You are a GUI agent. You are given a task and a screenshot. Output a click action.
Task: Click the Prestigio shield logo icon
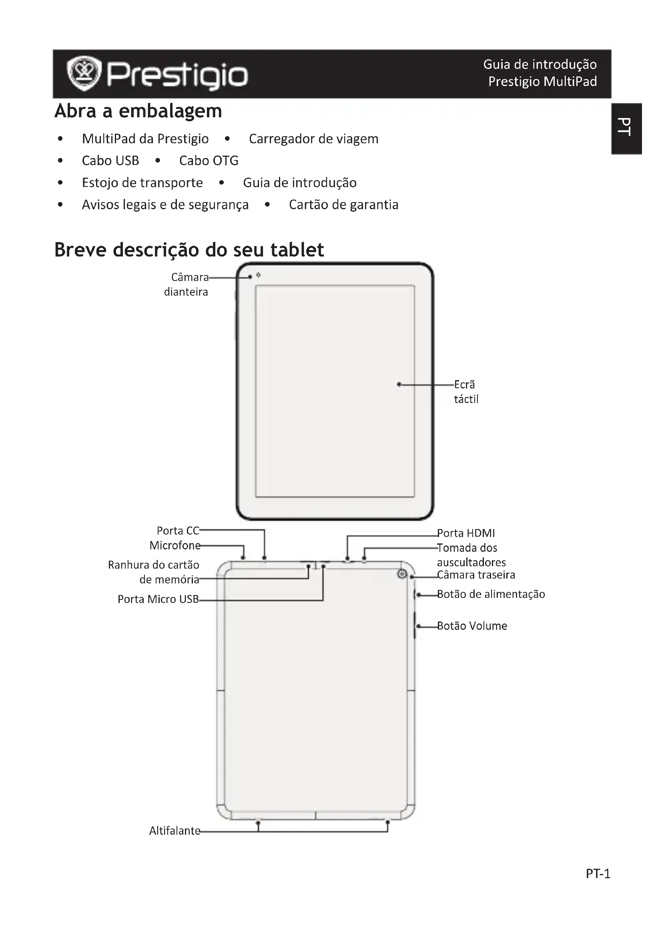tap(84, 73)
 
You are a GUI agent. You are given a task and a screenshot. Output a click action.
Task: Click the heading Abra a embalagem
tap(138, 111)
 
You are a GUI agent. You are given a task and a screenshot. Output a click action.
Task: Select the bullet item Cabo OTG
tap(209, 160)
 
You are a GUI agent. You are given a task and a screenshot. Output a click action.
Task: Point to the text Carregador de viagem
tap(313, 139)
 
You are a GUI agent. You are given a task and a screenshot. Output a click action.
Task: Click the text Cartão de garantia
tap(343, 204)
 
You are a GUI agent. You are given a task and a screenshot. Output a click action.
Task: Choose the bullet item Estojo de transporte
tap(142, 182)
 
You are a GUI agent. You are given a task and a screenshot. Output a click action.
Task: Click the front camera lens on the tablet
tap(259, 276)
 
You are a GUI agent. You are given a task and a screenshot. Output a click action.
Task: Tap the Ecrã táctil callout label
tap(466, 392)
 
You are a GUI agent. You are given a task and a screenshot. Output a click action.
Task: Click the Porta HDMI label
tap(466, 533)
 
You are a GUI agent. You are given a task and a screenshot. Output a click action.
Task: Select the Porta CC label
tap(178, 531)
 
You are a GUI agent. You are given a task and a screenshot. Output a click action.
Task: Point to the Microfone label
tap(175, 545)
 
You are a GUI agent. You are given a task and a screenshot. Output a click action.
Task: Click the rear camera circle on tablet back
tap(402, 574)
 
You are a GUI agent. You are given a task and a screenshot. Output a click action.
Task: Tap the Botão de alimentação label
tap(491, 594)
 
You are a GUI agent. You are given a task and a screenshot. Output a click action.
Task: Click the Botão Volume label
tap(472, 626)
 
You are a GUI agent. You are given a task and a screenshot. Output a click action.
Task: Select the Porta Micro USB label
tap(158, 599)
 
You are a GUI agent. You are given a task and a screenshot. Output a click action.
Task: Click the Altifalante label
tap(175, 831)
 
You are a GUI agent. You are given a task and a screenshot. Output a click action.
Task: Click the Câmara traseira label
tap(476, 575)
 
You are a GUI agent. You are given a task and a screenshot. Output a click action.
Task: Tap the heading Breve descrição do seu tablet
tap(189, 250)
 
